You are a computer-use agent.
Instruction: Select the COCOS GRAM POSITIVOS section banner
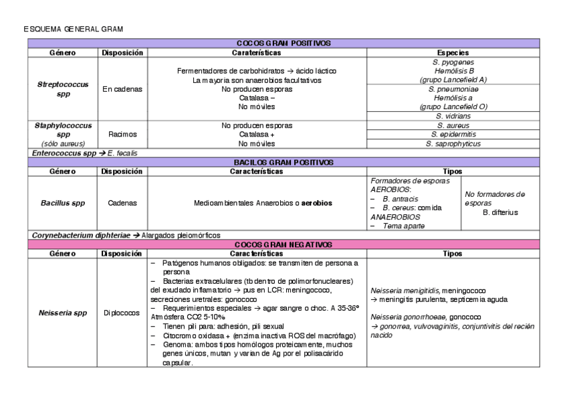tap(283, 43)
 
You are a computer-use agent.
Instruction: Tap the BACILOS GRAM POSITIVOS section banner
tap(283, 162)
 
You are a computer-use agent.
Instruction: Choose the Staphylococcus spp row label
tap(63, 129)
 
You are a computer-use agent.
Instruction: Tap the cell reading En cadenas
tap(122, 89)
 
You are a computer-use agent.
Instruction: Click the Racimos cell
tap(122, 134)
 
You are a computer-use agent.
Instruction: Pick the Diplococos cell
tap(122, 312)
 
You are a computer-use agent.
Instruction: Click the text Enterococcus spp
tap(56, 153)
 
